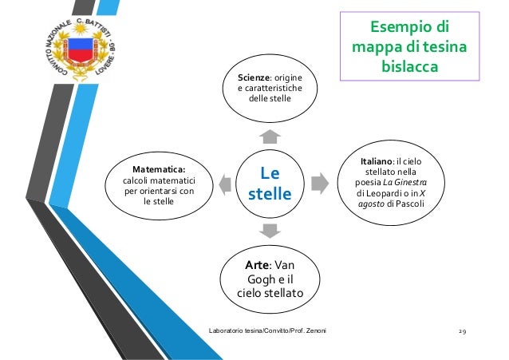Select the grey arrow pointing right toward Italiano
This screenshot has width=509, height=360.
[318, 183]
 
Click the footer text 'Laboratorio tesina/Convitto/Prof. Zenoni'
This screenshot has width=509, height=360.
[271, 330]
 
